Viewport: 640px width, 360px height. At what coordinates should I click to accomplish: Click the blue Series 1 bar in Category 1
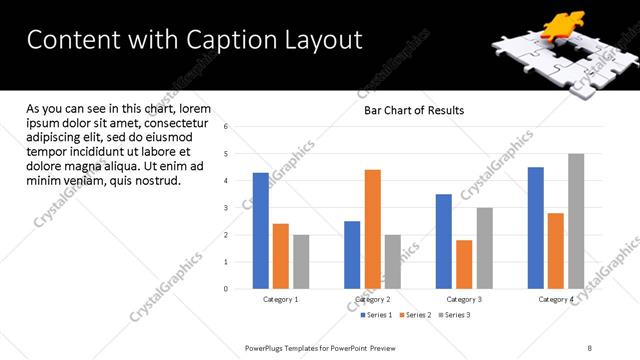pos(260,231)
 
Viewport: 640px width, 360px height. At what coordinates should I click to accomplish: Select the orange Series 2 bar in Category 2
pos(372,229)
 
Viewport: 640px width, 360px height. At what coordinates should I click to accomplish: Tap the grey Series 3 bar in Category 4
pos(576,221)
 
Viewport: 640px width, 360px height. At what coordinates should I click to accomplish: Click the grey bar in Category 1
pos(301,262)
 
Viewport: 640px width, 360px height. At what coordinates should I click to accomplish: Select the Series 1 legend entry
pos(376,315)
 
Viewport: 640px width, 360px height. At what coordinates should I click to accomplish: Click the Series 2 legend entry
pos(414,315)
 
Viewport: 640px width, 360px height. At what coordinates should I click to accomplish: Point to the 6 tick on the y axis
pos(226,127)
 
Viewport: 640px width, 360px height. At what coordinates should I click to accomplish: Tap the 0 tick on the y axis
pos(226,289)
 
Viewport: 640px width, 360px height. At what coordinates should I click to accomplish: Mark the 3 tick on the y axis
pos(226,208)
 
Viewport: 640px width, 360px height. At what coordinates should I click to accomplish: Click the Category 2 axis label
pos(372,300)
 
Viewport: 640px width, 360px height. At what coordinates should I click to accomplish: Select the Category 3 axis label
pos(464,300)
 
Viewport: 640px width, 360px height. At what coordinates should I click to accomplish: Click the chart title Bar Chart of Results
pos(413,110)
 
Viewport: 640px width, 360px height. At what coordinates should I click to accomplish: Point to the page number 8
pos(590,346)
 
